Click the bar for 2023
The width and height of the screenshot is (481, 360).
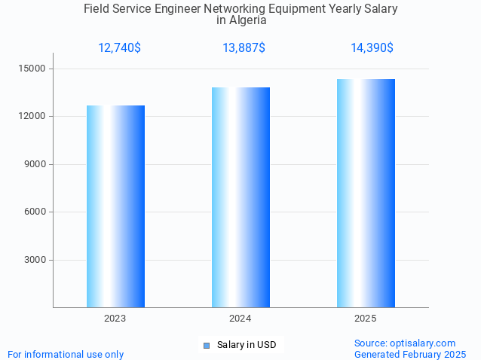coord(115,206)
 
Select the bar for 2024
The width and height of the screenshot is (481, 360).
coord(240,197)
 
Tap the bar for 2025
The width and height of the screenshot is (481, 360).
coord(366,193)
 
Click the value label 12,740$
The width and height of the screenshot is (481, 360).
coord(119,48)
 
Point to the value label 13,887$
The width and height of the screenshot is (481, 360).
coord(244,48)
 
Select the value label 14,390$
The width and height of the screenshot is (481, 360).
coord(372,48)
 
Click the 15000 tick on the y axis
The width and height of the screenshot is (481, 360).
coord(34,69)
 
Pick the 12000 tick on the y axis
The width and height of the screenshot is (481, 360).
coord(34,117)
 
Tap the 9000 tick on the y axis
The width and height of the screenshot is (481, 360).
coord(36,164)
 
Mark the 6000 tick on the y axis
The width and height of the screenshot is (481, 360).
coord(36,212)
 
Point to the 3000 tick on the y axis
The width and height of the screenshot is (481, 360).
coord(36,260)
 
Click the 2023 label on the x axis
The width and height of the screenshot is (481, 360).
coord(115,319)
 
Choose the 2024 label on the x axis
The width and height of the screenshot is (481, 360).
coord(240,319)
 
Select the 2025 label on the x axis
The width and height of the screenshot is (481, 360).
coord(366,319)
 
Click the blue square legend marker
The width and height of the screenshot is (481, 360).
coord(206,346)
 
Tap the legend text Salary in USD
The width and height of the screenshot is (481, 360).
coord(247,345)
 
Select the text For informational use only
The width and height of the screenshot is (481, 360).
coord(66,354)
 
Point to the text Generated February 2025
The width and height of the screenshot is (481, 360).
coord(410,354)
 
